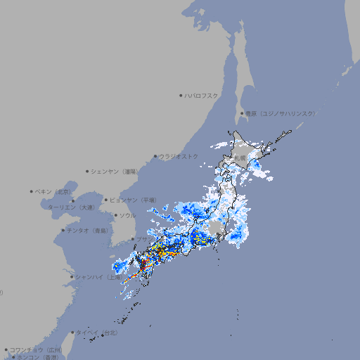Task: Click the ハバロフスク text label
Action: (x=202, y=95)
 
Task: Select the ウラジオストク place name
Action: (x=179, y=156)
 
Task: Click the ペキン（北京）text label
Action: (x=53, y=191)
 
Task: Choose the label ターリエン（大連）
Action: (x=71, y=207)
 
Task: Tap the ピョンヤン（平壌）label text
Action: (x=134, y=200)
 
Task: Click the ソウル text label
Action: (x=127, y=215)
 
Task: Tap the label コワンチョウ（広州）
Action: (x=36, y=349)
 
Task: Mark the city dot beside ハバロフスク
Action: (x=181, y=95)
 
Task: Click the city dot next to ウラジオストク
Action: (x=155, y=156)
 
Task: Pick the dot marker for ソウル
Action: (x=115, y=215)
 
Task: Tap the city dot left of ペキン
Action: (x=32, y=191)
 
